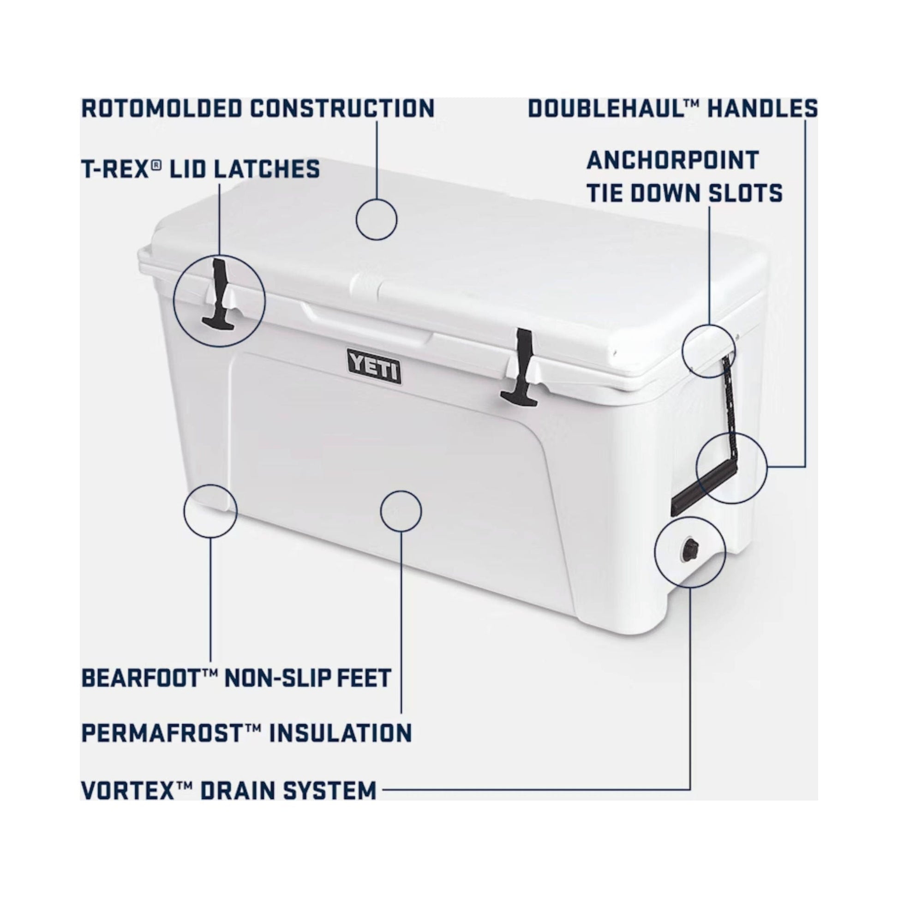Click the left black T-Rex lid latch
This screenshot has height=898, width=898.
pos(219,298)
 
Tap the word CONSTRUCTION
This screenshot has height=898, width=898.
pos(342,108)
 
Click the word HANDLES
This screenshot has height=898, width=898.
pos(762,108)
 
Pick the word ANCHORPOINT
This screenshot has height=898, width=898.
pos(672,161)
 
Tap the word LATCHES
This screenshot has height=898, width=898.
pos(267,169)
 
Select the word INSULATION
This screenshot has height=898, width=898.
pos(341,733)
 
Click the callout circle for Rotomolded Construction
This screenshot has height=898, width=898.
pos(377,219)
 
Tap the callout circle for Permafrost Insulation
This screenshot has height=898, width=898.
pos(401,511)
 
